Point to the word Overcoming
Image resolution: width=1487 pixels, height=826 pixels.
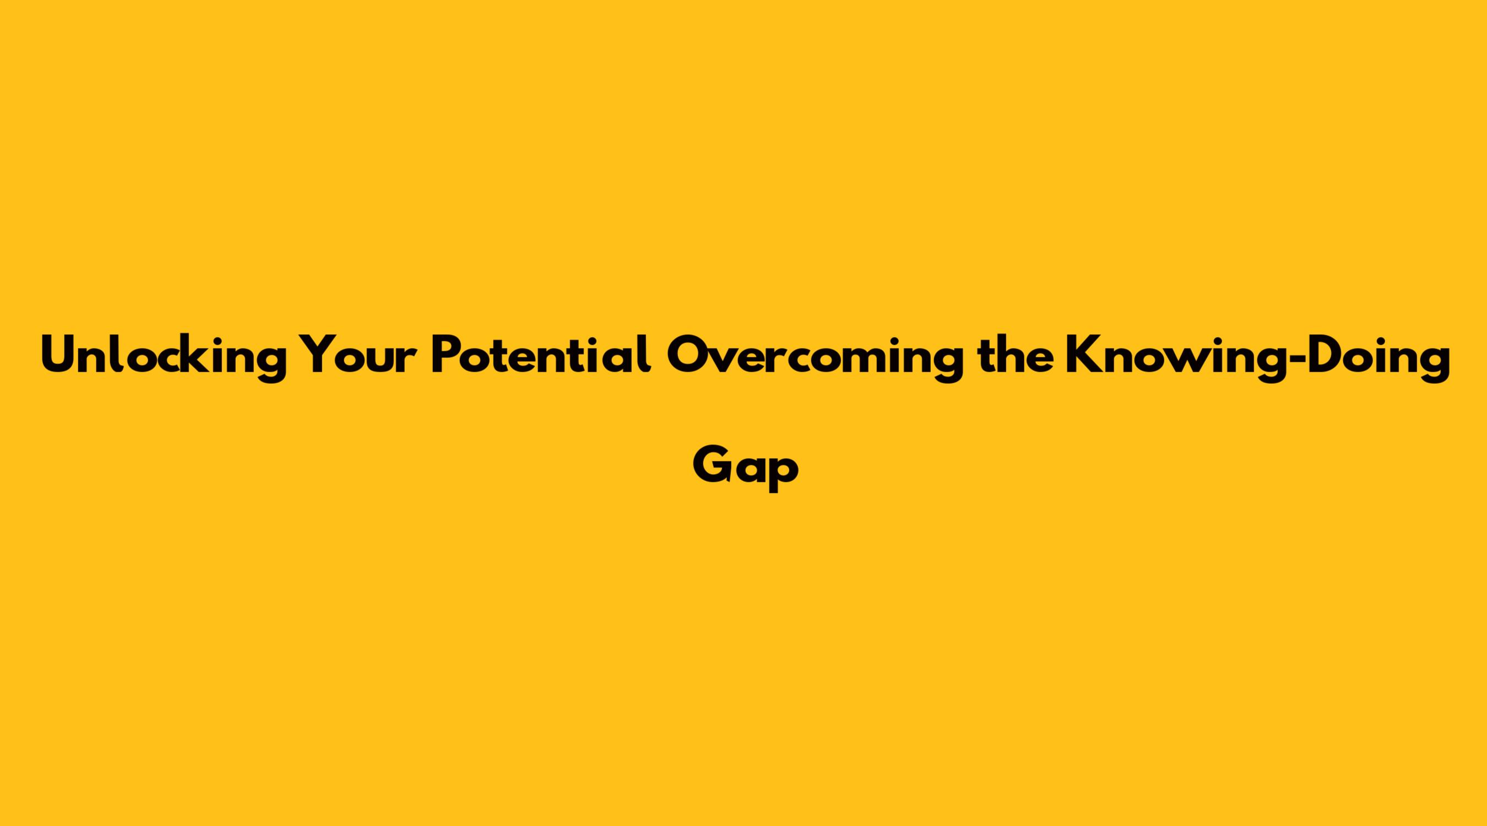click(815, 358)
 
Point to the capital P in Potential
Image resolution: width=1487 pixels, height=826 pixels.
click(447, 355)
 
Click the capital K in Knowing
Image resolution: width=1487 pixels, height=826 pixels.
click(1083, 355)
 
